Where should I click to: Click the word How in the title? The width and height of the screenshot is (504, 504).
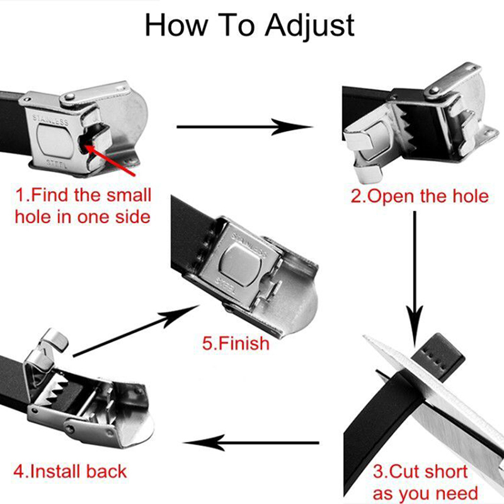(176, 25)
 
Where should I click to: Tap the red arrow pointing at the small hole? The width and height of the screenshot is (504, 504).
(110, 161)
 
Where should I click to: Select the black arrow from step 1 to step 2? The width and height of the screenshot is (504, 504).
(245, 127)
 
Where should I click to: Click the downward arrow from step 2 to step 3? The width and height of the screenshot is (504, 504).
(415, 279)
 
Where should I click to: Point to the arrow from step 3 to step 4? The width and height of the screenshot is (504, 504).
(251, 443)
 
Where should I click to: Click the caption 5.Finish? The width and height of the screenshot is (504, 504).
(236, 343)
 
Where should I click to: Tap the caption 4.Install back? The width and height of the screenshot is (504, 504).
(70, 471)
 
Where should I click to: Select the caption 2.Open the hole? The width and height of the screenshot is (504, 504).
(420, 196)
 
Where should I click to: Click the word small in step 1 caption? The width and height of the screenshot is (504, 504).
(129, 195)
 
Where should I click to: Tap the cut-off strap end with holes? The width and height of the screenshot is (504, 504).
(438, 357)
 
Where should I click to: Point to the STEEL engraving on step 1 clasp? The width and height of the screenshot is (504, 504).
(57, 163)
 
